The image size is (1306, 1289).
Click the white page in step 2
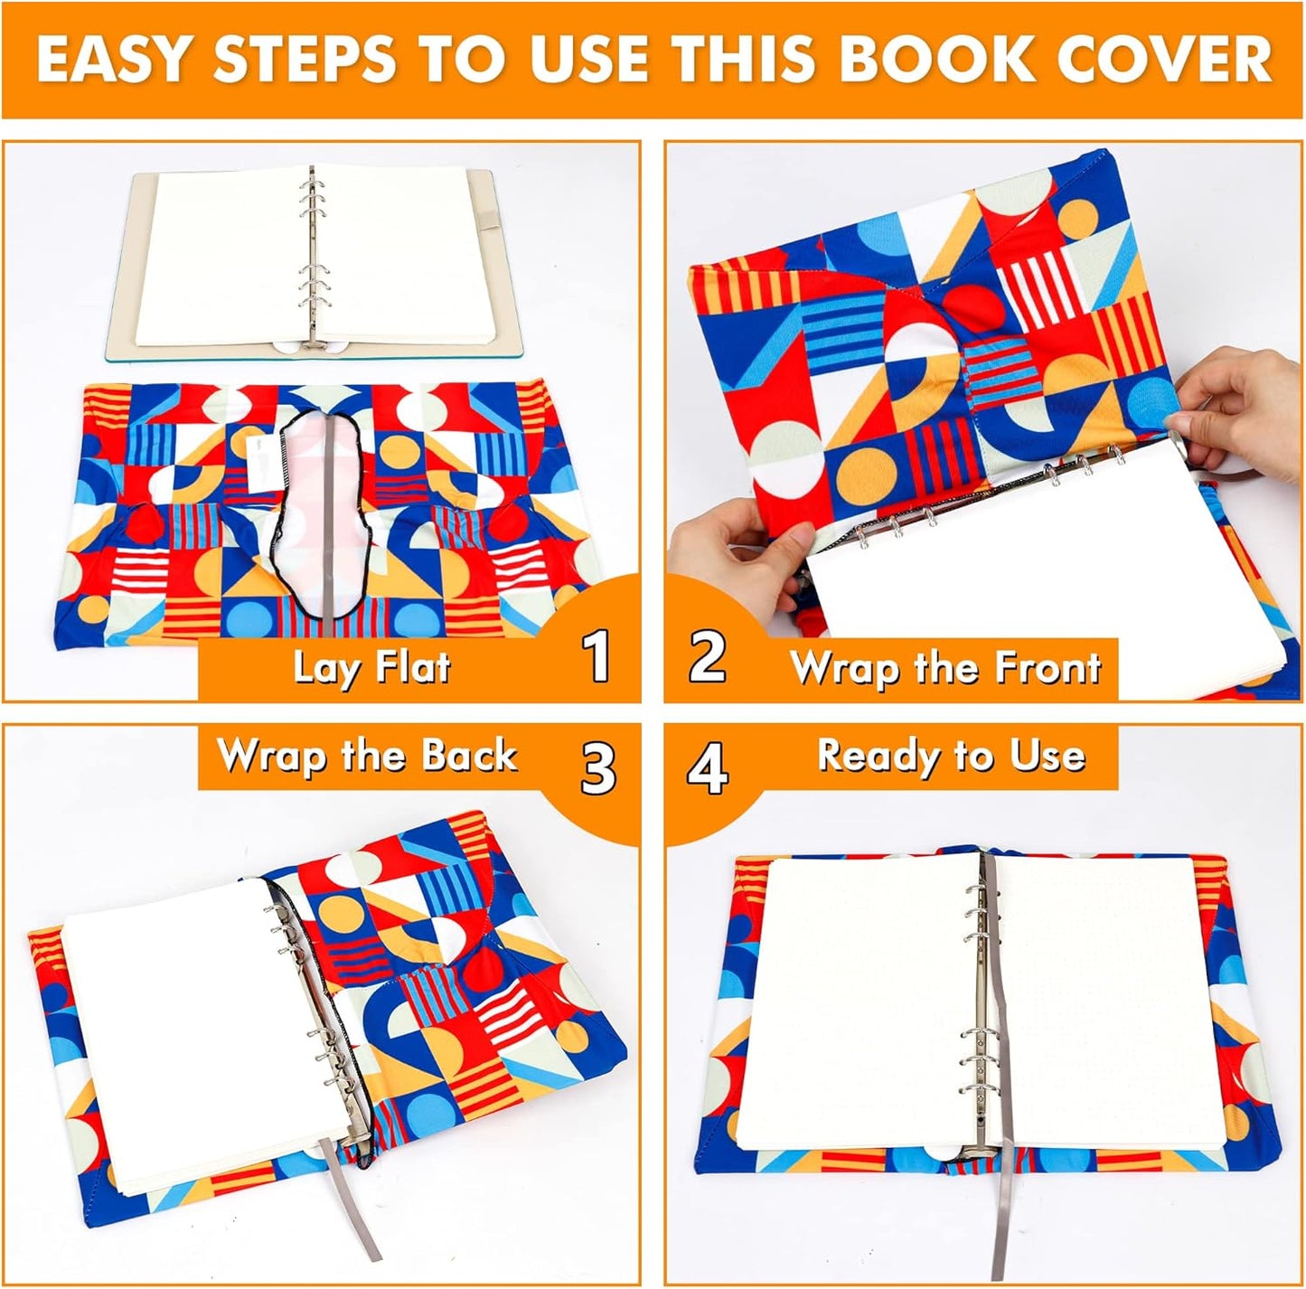[1039, 560]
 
